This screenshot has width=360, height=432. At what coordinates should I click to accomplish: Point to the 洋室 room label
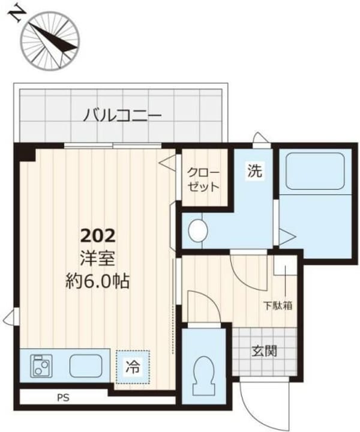click(97, 258)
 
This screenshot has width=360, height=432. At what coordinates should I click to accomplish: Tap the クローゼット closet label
click(203, 178)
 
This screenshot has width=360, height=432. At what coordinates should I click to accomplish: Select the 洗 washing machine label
click(255, 171)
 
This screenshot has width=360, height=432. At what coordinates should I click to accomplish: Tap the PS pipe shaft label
click(63, 397)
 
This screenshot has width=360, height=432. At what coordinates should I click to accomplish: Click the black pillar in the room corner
click(26, 154)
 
